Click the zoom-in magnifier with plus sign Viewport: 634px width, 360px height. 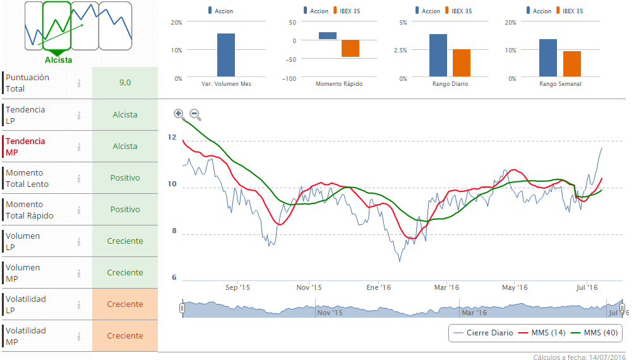pyautogui.click(x=179, y=114)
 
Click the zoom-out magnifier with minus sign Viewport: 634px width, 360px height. pyautogui.click(x=195, y=114)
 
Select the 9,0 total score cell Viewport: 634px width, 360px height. pyautogui.click(x=125, y=83)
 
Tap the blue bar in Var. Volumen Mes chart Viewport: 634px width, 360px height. pyautogui.click(x=225, y=55)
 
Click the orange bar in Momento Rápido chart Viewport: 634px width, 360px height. pyautogui.click(x=350, y=49)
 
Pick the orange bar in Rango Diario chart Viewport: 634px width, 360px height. pyautogui.click(x=462, y=63)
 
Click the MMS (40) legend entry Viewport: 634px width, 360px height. pyautogui.click(x=593, y=333)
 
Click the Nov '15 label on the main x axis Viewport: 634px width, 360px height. pyautogui.click(x=309, y=287)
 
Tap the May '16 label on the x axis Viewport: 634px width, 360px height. pyautogui.click(x=515, y=287)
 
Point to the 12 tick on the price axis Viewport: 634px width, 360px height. pyautogui.click(x=172, y=137)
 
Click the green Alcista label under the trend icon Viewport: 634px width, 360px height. pyautogui.click(x=58, y=60)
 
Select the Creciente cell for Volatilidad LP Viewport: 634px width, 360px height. pyautogui.click(x=125, y=304)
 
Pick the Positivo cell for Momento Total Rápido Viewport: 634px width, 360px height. pyautogui.click(x=125, y=209)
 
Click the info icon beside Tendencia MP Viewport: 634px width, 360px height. pyautogui.click(x=79, y=147)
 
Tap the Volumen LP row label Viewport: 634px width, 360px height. pyautogui.click(x=23, y=241)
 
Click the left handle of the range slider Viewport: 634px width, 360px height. pyautogui.click(x=182, y=308)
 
